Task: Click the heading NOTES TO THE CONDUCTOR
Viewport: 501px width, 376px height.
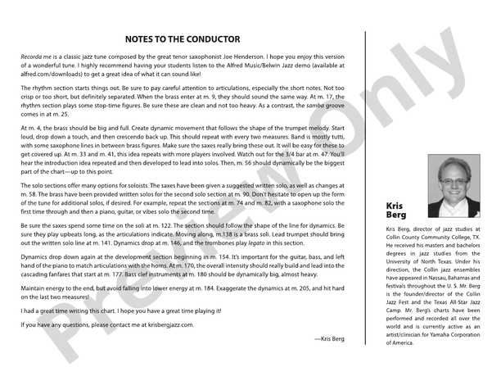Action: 182,39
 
